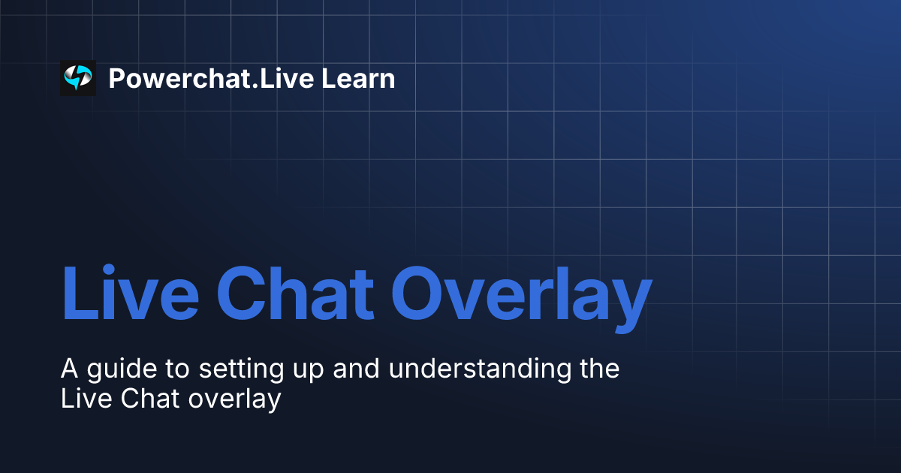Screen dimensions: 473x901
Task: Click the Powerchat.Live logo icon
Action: coord(78,78)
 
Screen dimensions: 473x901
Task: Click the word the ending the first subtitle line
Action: coord(598,369)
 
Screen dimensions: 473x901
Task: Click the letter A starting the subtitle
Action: coord(69,369)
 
